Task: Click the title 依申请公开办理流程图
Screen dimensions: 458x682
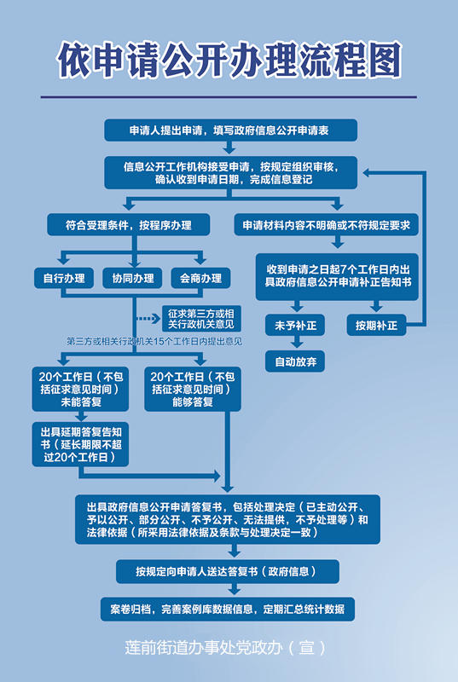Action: click(x=229, y=60)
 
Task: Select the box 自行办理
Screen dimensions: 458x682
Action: click(x=64, y=279)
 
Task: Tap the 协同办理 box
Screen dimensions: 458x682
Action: click(x=133, y=279)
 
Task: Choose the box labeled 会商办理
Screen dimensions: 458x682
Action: click(x=200, y=279)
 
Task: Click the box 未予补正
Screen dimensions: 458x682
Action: click(x=295, y=325)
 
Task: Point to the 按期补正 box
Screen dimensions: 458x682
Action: click(x=376, y=325)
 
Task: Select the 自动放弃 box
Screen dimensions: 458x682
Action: click(x=295, y=361)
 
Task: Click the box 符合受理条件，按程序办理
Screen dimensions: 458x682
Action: click(x=129, y=225)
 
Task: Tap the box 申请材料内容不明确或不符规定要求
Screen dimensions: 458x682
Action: click(x=326, y=225)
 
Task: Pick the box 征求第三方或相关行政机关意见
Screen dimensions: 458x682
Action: click(x=201, y=319)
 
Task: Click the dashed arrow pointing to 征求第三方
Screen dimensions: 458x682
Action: click(x=148, y=319)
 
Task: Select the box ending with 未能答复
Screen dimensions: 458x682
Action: click(x=80, y=390)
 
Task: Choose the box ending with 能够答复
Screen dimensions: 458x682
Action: click(x=193, y=390)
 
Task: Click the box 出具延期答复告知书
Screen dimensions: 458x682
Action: click(x=80, y=444)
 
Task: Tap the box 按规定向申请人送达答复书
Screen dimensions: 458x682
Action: click(x=228, y=571)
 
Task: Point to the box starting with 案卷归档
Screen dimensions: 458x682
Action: click(x=228, y=609)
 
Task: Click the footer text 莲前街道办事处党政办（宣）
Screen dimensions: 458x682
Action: click(x=225, y=648)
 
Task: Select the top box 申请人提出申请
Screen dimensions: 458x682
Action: click(x=230, y=130)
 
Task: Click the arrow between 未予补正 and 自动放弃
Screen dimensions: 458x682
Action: click(x=296, y=342)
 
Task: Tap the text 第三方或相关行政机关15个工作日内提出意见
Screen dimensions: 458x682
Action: click(x=154, y=342)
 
